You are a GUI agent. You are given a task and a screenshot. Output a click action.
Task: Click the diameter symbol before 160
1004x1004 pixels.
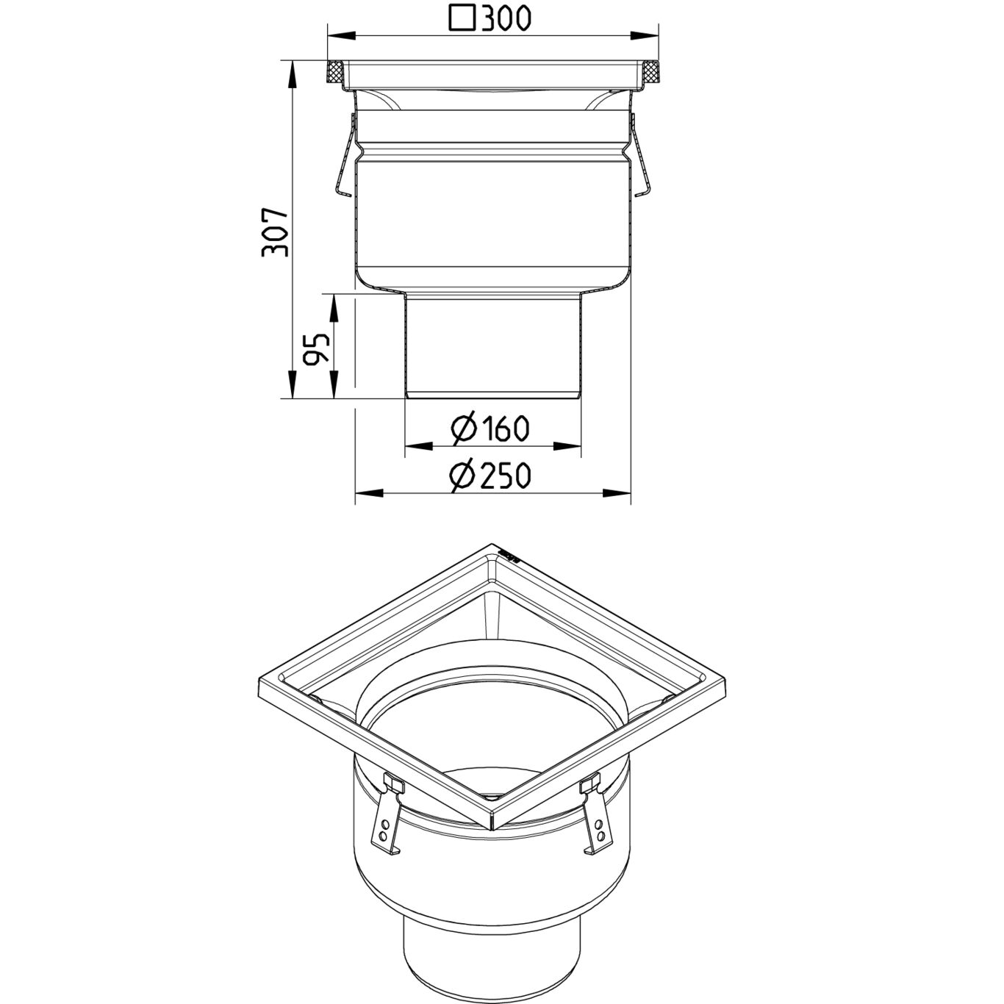coord(465,428)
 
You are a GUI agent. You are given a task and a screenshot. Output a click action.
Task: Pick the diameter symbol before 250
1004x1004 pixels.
coord(465,476)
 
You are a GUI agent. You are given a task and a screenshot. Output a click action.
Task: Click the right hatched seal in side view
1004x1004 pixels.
coord(651,73)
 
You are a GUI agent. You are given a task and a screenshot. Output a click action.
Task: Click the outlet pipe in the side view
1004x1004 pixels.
coord(493,345)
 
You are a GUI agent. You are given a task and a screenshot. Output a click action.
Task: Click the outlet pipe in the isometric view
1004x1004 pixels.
coord(492,955)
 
